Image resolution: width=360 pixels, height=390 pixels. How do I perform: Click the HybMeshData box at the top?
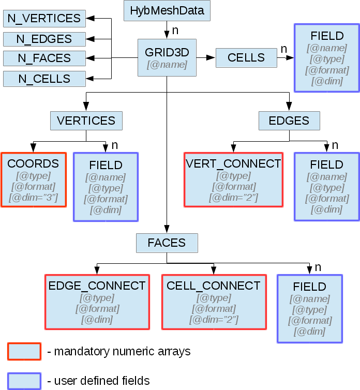tap(167, 10)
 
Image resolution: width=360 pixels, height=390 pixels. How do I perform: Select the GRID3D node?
tap(167, 57)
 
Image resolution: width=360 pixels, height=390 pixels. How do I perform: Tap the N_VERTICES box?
tap(44, 19)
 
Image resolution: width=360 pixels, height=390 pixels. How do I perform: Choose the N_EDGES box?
tap(44, 39)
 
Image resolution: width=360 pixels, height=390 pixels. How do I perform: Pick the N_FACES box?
tap(44, 58)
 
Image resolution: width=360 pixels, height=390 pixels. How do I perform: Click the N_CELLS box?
tap(44, 79)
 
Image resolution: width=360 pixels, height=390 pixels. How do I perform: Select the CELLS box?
tap(246, 58)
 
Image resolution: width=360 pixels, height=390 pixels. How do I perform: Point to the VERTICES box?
tap(86, 121)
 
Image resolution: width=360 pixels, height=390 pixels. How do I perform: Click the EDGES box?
tap(289, 121)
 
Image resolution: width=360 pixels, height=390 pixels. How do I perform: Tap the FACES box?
tap(167, 242)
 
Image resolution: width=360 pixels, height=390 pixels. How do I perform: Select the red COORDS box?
tap(34, 180)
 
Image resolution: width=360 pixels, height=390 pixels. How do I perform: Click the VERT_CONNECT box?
tap(233, 180)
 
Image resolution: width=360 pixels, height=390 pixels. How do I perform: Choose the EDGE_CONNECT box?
tap(97, 302)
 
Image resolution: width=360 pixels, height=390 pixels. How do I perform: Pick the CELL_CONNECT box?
tap(214, 302)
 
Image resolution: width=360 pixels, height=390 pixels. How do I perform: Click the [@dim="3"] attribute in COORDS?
tap(33, 198)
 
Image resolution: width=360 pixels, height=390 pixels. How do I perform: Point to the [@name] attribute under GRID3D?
tap(167, 65)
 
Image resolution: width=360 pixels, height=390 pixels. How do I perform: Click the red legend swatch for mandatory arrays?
tap(24, 351)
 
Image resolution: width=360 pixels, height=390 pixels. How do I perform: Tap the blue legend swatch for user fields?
tap(24, 381)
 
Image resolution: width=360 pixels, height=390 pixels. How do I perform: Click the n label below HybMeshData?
tap(175, 31)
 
